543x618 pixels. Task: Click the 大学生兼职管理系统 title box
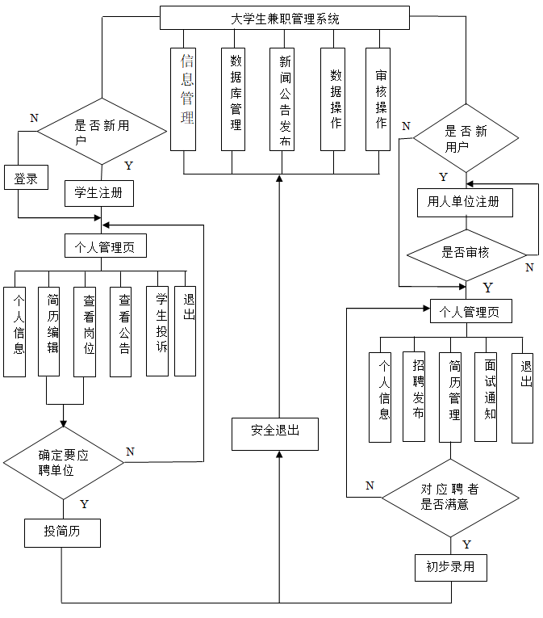click(x=280, y=18)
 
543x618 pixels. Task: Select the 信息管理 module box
click(x=184, y=99)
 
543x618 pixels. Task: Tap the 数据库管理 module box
click(x=233, y=99)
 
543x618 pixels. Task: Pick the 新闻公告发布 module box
click(x=282, y=99)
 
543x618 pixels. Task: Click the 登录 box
click(x=26, y=179)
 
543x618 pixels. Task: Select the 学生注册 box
click(x=98, y=193)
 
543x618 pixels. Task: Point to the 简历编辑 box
click(x=49, y=331)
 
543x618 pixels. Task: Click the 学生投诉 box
click(x=157, y=331)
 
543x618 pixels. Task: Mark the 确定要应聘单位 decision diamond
click(x=63, y=462)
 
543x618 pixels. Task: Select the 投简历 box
click(x=62, y=532)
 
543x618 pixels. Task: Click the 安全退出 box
click(x=274, y=433)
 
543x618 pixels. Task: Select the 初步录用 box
click(x=451, y=567)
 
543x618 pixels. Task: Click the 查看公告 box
click(x=121, y=331)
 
